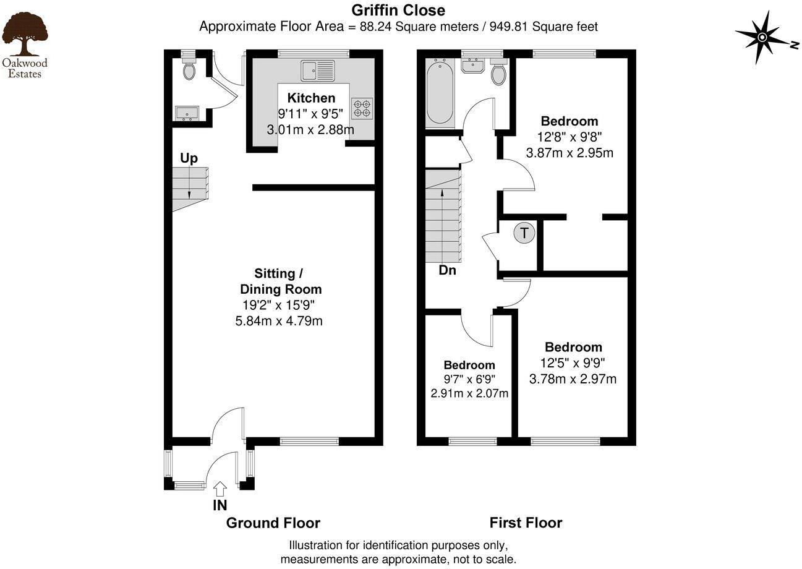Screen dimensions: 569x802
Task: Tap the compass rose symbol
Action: point(762,38)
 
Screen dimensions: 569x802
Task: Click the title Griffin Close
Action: point(398,10)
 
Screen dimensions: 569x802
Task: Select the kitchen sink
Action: point(318,70)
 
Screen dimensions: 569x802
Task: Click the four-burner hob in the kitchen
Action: point(362,109)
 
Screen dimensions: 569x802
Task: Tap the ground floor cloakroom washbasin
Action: point(186,113)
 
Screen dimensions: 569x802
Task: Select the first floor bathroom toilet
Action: point(498,74)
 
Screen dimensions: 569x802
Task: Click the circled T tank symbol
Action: point(524,233)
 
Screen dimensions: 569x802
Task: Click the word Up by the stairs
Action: point(189,158)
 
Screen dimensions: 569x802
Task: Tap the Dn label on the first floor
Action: point(447,270)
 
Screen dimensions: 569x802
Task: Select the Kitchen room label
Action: point(311,98)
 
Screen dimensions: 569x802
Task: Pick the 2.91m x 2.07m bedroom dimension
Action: point(469,393)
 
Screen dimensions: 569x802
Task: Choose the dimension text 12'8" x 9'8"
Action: point(570,137)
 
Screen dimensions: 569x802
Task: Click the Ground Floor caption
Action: point(273,523)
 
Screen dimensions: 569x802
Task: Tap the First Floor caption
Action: point(526,523)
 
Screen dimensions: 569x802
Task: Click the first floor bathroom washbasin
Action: point(476,64)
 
